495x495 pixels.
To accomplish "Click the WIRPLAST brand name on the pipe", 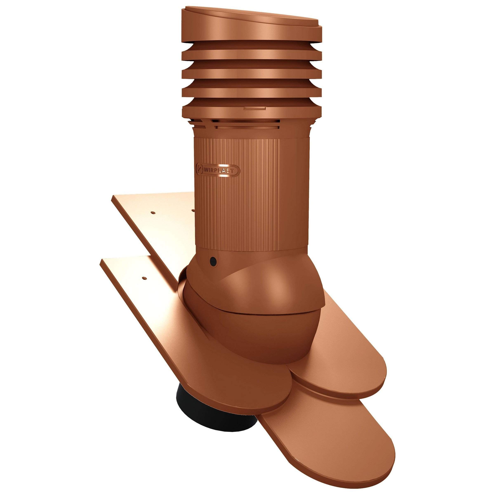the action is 219,170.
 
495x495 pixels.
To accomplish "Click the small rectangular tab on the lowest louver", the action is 255,109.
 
